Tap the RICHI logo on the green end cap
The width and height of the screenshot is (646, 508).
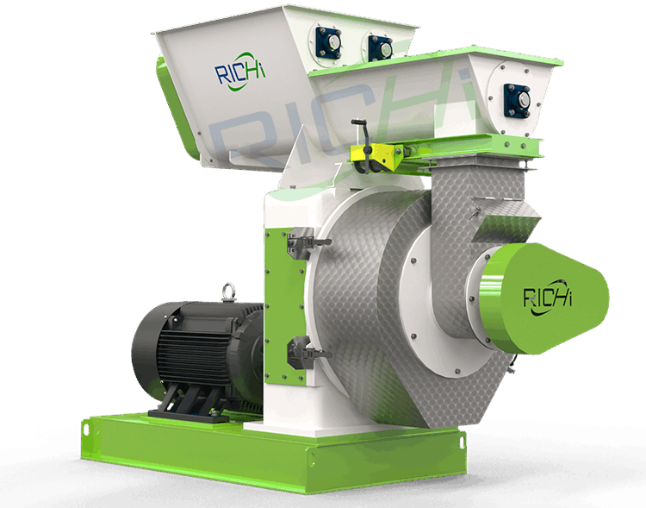coord(548,298)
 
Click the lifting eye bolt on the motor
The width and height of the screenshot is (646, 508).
coord(228,292)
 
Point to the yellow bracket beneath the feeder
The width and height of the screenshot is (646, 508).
coord(374,158)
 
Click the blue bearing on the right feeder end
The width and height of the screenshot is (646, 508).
coord(518,100)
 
